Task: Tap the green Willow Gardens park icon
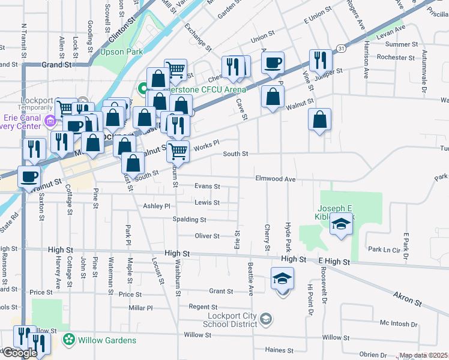coord(70,340)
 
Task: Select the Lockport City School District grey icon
coord(267,317)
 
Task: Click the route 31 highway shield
coord(340,48)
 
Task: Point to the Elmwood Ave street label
coord(276,179)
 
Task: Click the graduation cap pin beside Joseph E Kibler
coord(342,224)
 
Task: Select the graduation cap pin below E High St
coord(282,279)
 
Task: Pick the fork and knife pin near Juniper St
coord(319,60)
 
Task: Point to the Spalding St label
coord(185,220)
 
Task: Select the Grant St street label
coord(220,292)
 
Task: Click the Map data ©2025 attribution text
coord(423,356)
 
